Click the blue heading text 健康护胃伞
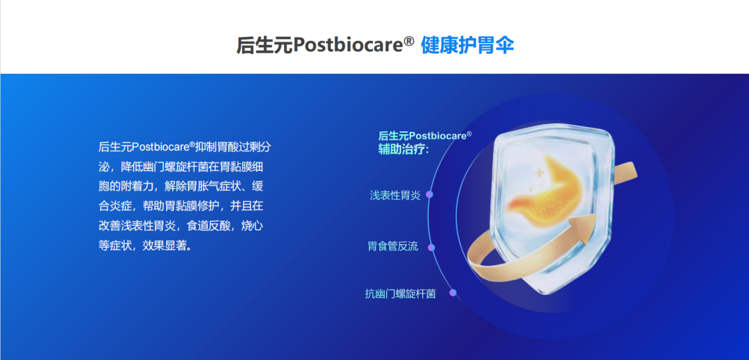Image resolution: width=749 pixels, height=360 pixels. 467,45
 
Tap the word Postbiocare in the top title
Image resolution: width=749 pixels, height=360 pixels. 348,45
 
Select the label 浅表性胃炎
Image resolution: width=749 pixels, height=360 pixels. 395,195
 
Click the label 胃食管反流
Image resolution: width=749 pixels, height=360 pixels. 393,247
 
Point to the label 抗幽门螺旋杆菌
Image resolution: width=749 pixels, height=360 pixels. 400,293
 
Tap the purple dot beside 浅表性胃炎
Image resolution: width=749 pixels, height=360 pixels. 430,194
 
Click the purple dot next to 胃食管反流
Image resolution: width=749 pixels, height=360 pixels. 432,248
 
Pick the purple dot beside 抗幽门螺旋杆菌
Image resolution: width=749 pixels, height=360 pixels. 453,293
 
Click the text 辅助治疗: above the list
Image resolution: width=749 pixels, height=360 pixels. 403,149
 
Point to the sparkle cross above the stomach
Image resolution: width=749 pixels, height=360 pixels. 539,173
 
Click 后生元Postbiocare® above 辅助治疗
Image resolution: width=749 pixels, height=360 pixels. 424,136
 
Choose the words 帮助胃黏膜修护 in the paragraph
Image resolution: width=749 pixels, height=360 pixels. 181,206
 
